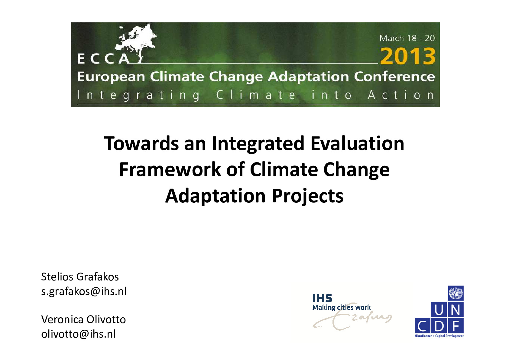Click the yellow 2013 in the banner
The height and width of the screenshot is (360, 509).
[408, 56]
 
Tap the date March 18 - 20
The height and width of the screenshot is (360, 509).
[407, 38]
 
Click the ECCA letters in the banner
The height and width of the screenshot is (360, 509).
[104, 59]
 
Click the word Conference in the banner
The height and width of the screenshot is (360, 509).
[394, 77]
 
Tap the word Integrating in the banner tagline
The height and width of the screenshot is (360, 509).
[139, 95]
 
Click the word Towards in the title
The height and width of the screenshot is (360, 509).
[141, 143]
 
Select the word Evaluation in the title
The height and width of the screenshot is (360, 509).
[357, 143]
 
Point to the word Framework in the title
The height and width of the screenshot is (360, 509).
[170, 170]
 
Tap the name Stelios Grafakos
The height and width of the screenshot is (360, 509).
[80, 277]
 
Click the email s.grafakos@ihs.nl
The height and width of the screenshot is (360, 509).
[84, 292]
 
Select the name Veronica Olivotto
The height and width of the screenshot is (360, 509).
[83, 319]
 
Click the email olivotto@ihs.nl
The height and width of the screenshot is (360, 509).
[78, 334]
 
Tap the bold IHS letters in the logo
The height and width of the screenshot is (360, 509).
[322, 298]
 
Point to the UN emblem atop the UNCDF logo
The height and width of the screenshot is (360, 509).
[456, 293]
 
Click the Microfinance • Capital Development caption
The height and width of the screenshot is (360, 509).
[439, 336]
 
